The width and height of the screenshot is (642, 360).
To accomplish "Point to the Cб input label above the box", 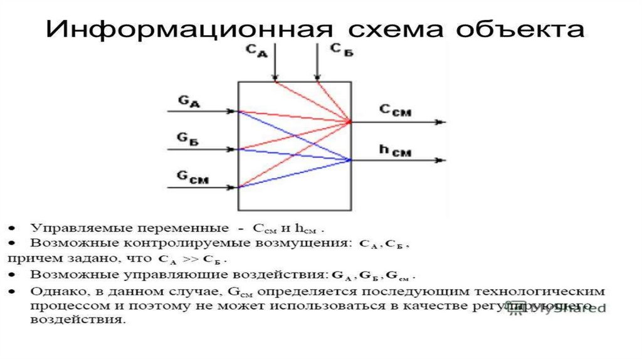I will coord(341,51).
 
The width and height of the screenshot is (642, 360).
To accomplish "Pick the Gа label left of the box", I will coord(189,101).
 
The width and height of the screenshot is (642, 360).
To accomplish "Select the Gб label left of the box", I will coord(189,139).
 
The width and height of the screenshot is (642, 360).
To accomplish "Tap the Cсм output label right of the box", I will coord(395,110).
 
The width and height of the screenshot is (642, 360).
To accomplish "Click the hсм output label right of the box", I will coord(395,149).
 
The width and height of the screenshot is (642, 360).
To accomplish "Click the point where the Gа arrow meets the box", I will coord(238,112).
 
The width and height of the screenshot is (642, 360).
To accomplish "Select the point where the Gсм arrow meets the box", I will coord(238,187).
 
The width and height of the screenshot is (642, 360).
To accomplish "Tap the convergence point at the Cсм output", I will coord(350,122).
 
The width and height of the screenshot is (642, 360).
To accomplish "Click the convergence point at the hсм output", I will coord(350,160).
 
